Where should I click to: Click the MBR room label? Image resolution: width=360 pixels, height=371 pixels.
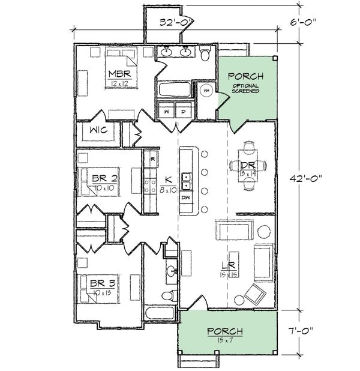pos(119,74)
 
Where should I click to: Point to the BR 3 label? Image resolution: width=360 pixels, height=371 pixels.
pos(104,282)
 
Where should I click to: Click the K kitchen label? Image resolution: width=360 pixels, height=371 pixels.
pos(169,178)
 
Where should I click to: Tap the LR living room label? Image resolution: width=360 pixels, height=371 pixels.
pos(227,265)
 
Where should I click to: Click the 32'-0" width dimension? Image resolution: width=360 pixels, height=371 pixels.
pos(175,23)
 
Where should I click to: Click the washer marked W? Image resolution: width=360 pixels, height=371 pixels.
pos(166,111)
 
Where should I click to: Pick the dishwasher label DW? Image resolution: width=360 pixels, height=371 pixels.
pos(186,196)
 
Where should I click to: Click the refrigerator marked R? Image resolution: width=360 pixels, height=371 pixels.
pos(153,158)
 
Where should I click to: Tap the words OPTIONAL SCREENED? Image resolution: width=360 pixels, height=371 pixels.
pos(246,89)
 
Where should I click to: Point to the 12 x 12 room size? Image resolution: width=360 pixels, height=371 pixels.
pos(119,83)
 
